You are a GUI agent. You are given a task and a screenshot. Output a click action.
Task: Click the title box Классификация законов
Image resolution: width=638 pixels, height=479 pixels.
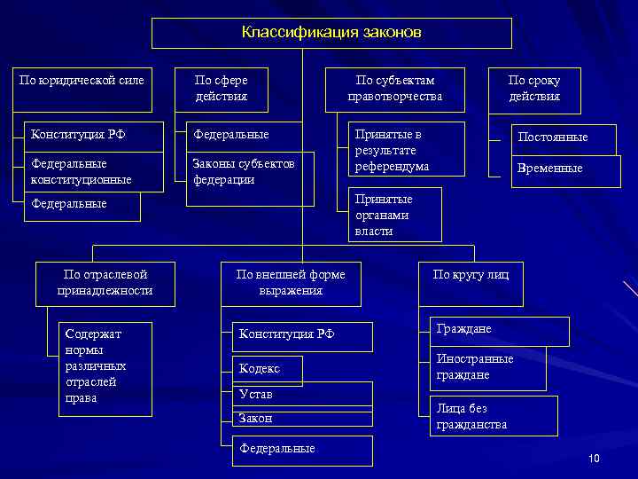pyautogui.click(x=331, y=33)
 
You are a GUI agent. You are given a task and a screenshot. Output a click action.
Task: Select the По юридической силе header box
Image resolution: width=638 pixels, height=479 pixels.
pyautogui.click(x=82, y=89)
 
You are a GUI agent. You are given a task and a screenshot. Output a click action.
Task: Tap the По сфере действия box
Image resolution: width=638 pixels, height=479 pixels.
pyautogui.click(x=221, y=89)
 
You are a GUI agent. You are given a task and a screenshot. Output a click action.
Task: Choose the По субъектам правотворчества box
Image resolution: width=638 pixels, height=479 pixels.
pyautogui.click(x=394, y=89)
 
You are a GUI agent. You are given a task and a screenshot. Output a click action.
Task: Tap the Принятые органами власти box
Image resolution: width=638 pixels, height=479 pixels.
pyautogui.click(x=394, y=216)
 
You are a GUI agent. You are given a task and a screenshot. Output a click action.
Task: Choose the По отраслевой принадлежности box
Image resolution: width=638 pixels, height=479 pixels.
pyautogui.click(x=105, y=283)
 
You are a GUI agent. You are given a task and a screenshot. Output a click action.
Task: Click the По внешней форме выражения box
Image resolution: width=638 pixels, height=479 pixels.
pyautogui.click(x=291, y=283)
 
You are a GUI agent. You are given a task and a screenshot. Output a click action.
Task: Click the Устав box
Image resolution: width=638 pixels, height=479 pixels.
pyautogui.click(x=301, y=395)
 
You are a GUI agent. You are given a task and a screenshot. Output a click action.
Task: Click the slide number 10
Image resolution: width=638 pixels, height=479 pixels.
pyautogui.click(x=594, y=458)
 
